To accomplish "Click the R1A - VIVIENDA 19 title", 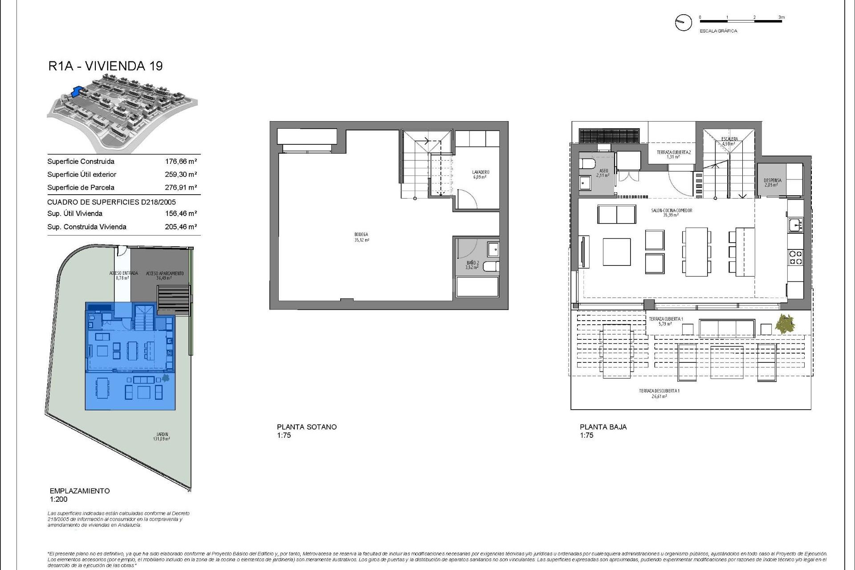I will [106, 66].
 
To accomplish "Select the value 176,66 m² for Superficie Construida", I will [181, 162].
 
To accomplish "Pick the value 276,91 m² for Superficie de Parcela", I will [181, 187].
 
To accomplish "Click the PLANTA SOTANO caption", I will [307, 427].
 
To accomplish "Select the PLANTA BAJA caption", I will [603, 427].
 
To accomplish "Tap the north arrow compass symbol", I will [683, 22].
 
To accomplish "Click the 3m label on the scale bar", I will [782, 17].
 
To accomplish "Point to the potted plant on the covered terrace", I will [785, 323].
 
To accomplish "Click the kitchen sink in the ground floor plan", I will [795, 225].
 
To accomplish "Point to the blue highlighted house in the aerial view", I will [77, 91].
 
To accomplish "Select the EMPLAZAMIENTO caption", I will [80, 491].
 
